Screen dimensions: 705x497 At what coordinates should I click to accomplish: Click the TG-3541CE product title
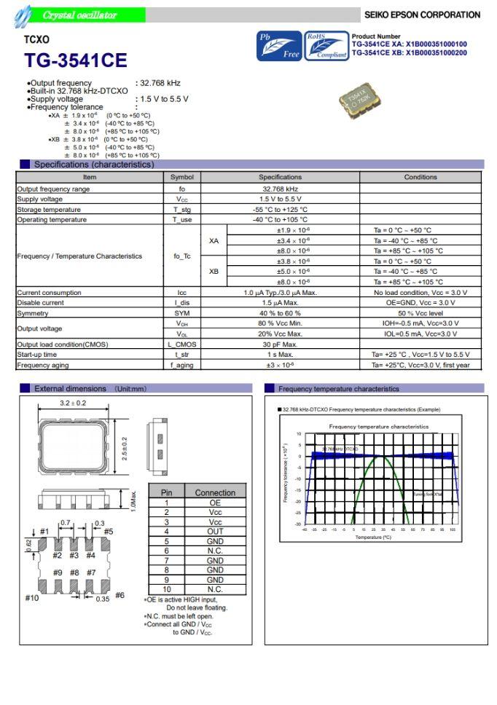(75, 60)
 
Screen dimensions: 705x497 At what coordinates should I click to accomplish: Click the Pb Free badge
(278, 46)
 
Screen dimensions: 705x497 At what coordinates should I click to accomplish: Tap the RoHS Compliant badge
(326, 46)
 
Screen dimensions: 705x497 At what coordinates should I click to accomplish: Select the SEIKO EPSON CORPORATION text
(422, 15)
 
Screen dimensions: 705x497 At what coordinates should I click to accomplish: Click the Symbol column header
(181, 177)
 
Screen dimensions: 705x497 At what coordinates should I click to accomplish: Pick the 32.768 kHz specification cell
(280, 189)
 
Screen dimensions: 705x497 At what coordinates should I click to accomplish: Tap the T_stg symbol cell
(181, 209)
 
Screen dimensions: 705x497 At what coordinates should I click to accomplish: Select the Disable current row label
(40, 302)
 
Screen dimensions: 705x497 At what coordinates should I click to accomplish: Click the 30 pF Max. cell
(280, 344)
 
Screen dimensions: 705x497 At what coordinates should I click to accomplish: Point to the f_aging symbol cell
(181, 365)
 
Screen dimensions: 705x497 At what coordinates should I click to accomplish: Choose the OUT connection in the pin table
(215, 531)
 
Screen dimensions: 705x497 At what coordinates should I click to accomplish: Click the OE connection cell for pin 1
(215, 503)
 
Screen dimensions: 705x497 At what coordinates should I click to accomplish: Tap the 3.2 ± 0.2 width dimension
(73, 403)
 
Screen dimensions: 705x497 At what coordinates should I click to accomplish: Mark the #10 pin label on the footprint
(32, 597)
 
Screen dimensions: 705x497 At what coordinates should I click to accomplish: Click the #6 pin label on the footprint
(119, 595)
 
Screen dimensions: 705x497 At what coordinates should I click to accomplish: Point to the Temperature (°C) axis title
(373, 537)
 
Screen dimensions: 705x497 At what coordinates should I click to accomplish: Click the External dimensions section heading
(70, 389)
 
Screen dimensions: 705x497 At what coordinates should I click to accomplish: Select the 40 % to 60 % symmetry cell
(280, 312)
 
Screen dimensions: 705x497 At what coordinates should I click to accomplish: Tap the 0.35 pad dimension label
(101, 599)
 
